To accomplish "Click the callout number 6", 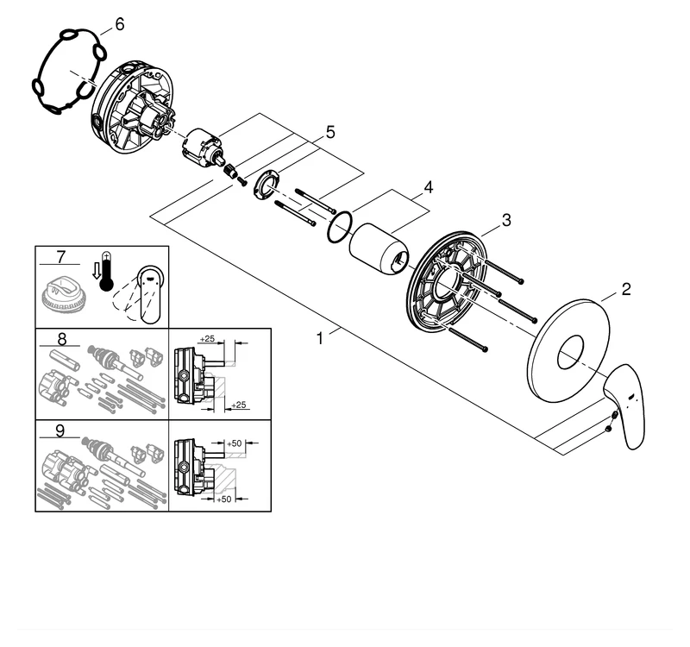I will point(119,24).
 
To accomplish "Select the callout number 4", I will point(428,187).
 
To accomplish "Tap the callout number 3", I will point(507,221).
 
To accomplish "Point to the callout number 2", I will point(626,289).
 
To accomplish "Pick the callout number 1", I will point(320,339).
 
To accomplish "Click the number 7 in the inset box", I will point(60,256).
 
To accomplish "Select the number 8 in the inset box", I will point(60,338).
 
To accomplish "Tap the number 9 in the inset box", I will point(60,429).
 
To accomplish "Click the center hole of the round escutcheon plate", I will point(569,353).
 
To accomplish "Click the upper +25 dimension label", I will point(208,338).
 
